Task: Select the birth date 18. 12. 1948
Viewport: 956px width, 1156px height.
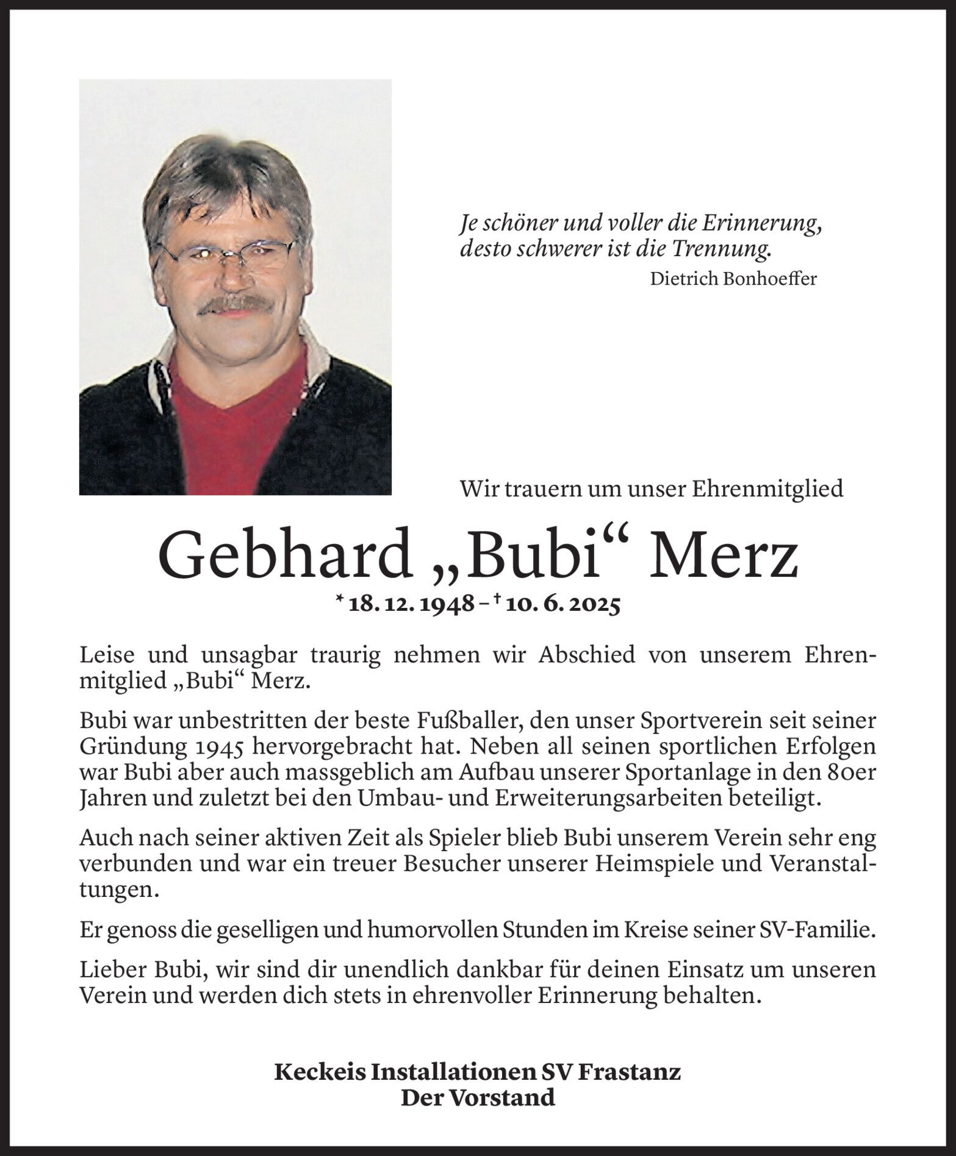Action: pyautogui.click(x=412, y=605)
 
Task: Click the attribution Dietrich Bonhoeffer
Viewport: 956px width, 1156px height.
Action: pyautogui.click(x=733, y=279)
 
